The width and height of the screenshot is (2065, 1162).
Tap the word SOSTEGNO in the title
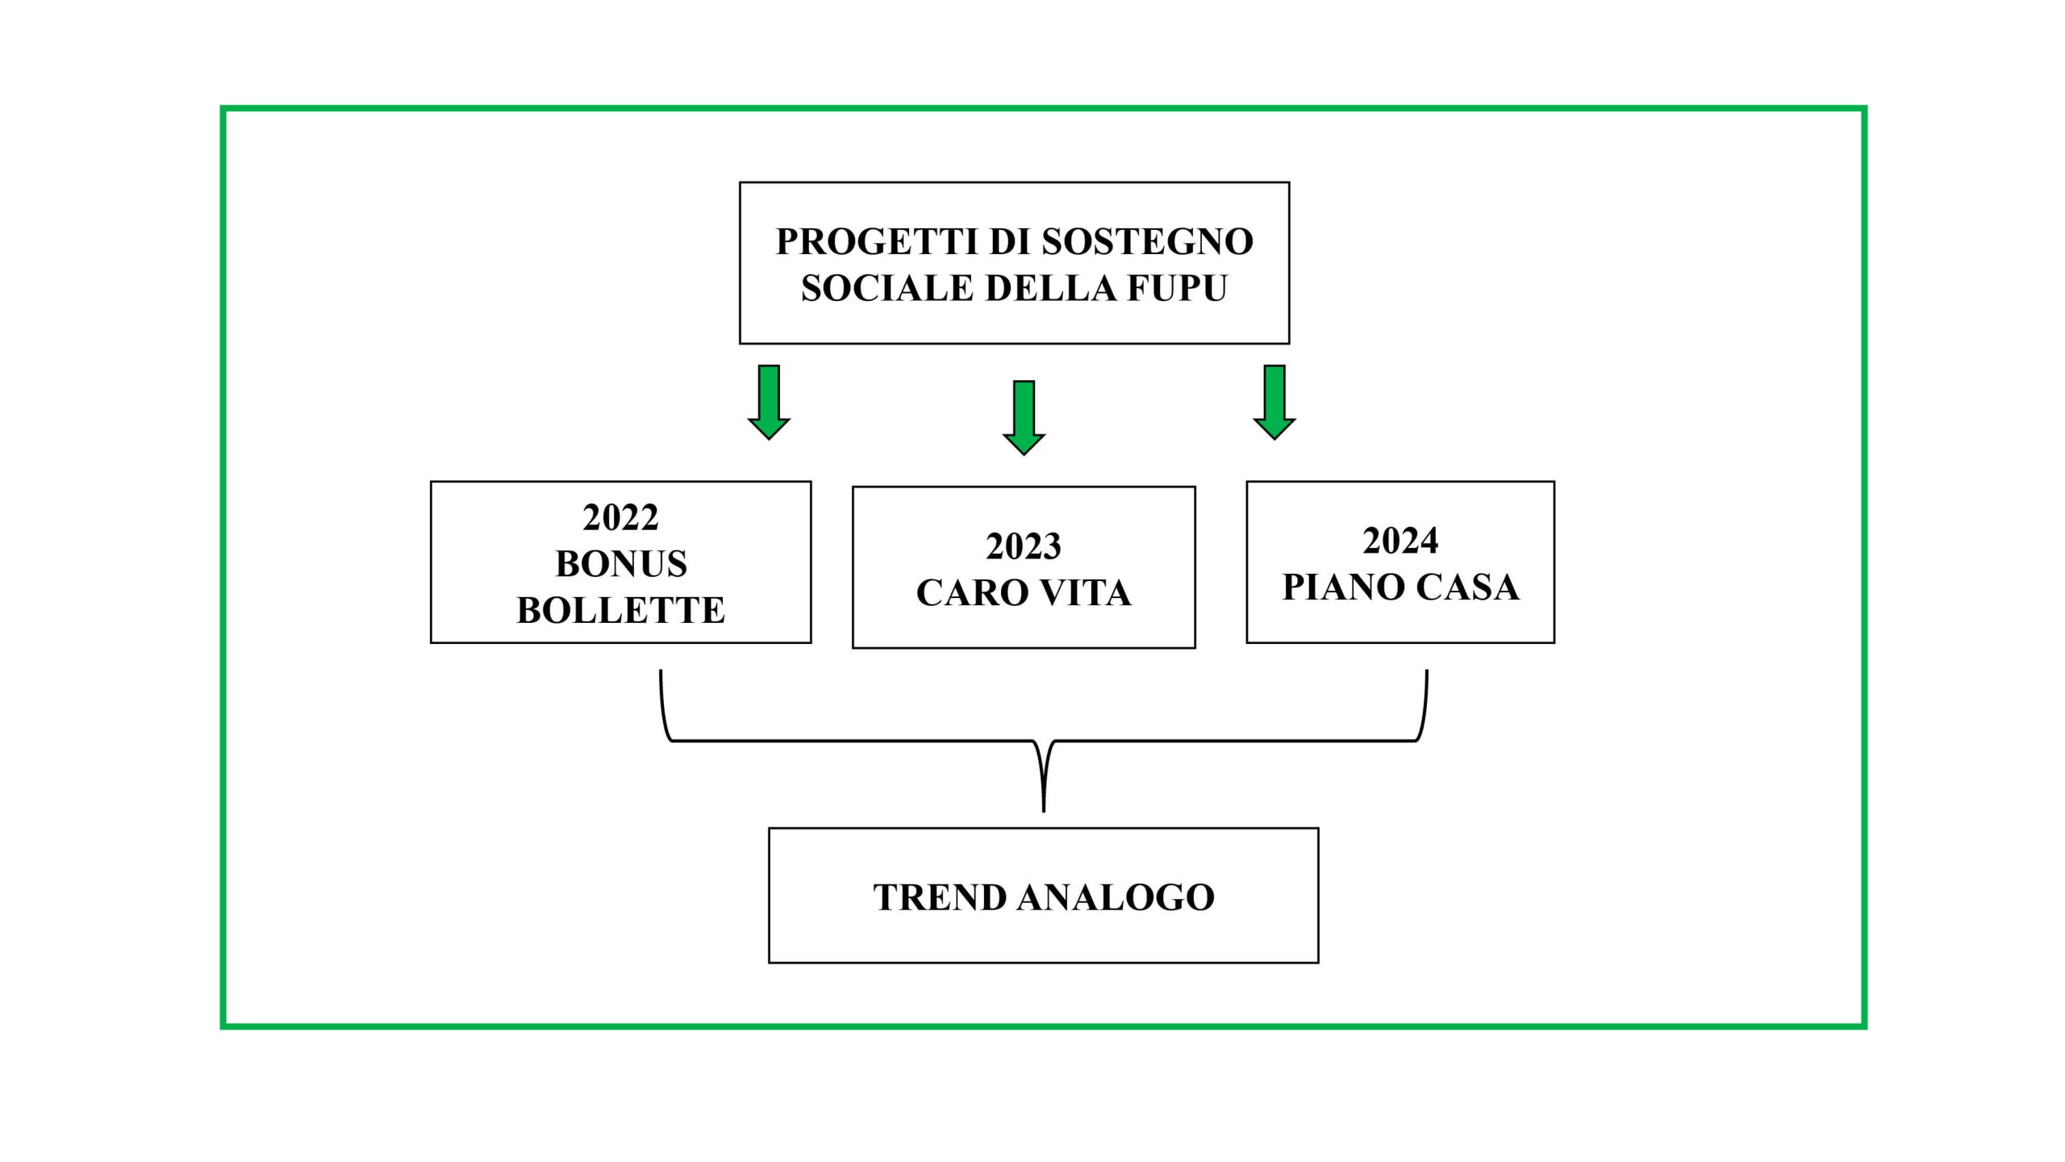[x=1147, y=241]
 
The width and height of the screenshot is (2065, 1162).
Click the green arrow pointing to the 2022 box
[x=769, y=402]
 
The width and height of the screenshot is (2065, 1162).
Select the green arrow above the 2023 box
[x=1024, y=418]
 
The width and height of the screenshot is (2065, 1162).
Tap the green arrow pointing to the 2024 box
[x=1274, y=402]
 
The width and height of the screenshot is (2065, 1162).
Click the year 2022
[x=620, y=517]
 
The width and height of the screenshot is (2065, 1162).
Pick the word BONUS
[x=621, y=563]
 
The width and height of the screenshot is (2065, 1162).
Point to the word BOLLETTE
[x=620, y=610]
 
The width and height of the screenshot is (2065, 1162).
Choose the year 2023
[x=1024, y=546]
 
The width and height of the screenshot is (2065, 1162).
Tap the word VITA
[x=1084, y=593]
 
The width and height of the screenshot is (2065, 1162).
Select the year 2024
[x=1400, y=541]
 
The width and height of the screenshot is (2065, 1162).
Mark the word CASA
[x=1468, y=587]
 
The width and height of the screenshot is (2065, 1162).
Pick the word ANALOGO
[x=1116, y=897]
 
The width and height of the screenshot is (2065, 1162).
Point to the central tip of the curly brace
[x=1044, y=811]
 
